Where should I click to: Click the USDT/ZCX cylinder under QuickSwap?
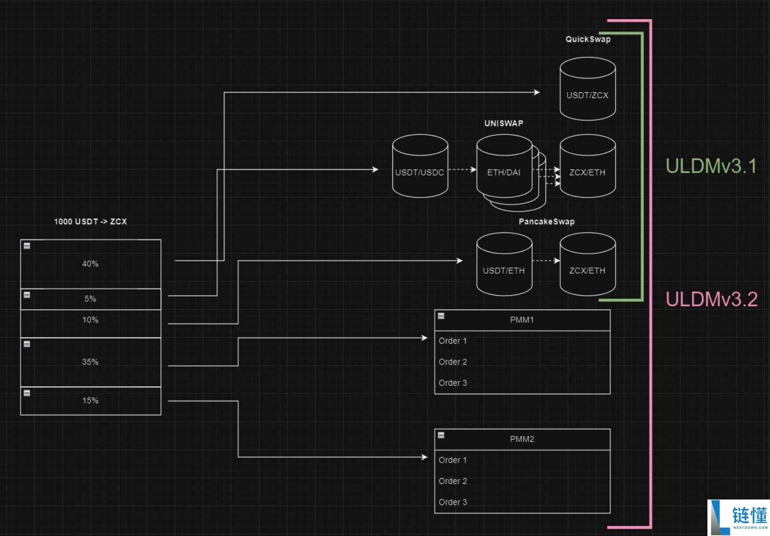pyautogui.click(x=587, y=89)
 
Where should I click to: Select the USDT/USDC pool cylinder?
pyautogui.click(x=420, y=166)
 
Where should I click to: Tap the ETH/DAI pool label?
pyautogui.click(x=503, y=173)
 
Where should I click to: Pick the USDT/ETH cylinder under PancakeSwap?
pyautogui.click(x=504, y=264)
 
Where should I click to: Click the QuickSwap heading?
pyautogui.click(x=588, y=39)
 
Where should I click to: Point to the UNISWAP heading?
pyautogui.click(x=503, y=124)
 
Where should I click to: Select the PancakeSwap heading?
pyautogui.click(x=547, y=222)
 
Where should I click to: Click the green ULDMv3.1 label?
pyautogui.click(x=711, y=166)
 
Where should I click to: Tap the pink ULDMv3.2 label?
pyautogui.click(x=712, y=299)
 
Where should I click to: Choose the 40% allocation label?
pyautogui.click(x=90, y=263)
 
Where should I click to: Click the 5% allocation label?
pyautogui.click(x=90, y=299)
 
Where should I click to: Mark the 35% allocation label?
pyautogui.click(x=90, y=362)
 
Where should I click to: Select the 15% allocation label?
pyautogui.click(x=90, y=400)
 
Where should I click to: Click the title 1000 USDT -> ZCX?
pyautogui.click(x=90, y=222)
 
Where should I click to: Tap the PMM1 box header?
pyautogui.click(x=522, y=320)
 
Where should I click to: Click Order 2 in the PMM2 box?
pyautogui.click(x=453, y=481)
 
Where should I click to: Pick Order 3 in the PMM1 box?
pyautogui.click(x=453, y=383)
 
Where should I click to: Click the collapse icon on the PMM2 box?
pyautogui.click(x=441, y=435)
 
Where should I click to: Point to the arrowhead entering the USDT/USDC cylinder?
pyautogui.click(x=376, y=169)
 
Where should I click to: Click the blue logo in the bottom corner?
pyautogui.click(x=738, y=517)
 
